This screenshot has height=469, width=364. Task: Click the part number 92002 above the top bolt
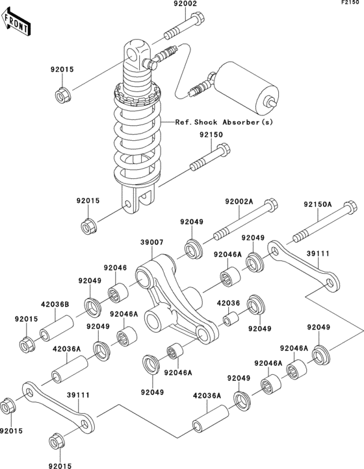point(185,5)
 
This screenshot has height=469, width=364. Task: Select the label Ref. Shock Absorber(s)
point(223,122)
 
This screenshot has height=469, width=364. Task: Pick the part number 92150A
point(317,205)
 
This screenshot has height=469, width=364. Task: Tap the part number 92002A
point(239,202)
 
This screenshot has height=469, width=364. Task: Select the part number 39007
point(151,242)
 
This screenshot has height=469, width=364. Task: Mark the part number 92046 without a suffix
point(115,267)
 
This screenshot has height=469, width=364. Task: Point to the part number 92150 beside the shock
point(211,135)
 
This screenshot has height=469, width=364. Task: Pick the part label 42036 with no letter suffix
point(228,302)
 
